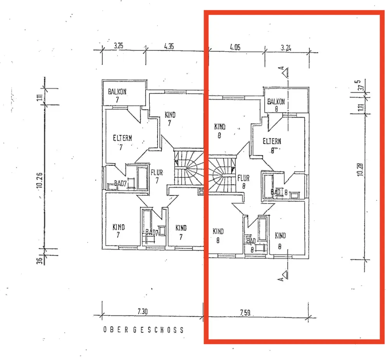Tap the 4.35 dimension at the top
pos(169,46)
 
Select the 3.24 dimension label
pos(286,48)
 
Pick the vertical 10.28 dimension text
pos(361,170)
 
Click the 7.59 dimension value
pos(245,312)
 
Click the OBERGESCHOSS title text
pos(143,330)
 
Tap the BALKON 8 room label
pos(276,105)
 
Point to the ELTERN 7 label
pos(123,141)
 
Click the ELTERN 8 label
pos(272,145)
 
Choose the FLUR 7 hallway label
pos(157,176)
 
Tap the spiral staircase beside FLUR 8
pos(221,172)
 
